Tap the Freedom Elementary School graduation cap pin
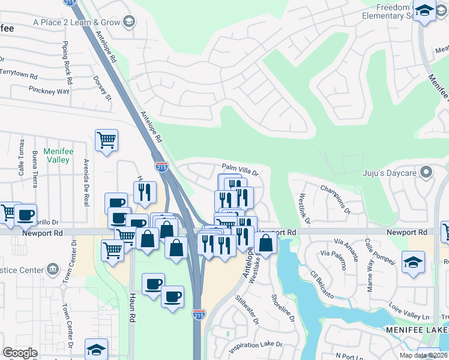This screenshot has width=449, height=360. coord(425,11)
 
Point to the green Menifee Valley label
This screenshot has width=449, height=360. coord(58,156)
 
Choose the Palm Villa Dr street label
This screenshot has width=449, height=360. coord(240,170)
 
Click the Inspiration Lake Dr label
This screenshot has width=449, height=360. coord(255,346)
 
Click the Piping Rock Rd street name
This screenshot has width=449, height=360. coord(67,62)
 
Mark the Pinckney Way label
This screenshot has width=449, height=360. coord(49,90)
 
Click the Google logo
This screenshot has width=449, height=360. coord(20,353)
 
